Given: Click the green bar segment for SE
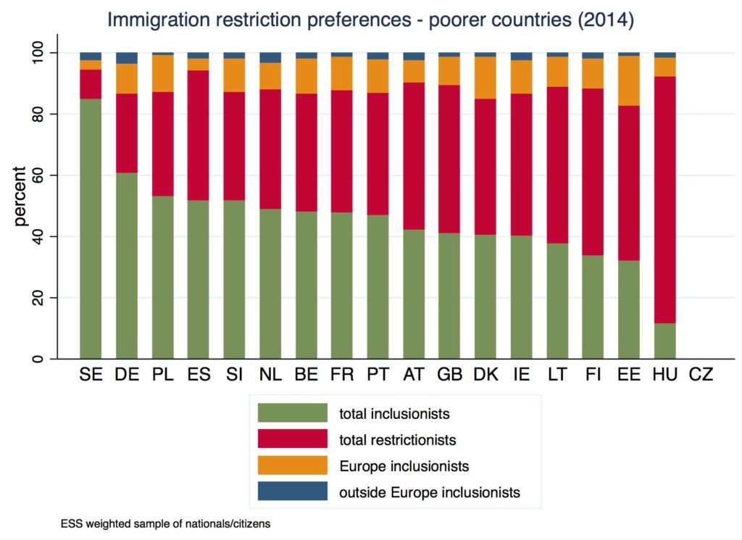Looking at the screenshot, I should click(91, 228).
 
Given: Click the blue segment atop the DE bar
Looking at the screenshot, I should click(127, 58).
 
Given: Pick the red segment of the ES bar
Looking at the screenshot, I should click(198, 135).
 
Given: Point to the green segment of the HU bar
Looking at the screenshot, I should click(665, 341).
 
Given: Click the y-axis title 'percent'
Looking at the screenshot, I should click(20, 196).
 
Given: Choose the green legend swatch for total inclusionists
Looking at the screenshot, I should click(293, 413).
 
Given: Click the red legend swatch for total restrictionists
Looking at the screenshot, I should click(293, 439).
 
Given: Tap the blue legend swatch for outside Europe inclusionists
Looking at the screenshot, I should click(293, 491).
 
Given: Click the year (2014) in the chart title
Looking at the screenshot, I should click(601, 20).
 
